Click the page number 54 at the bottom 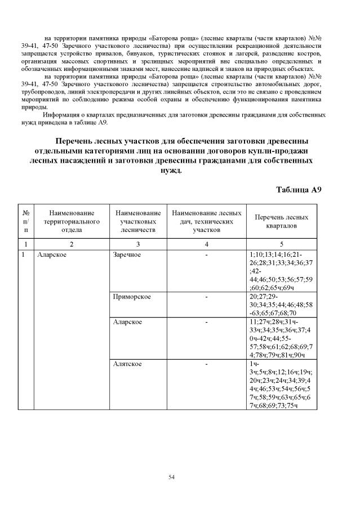coord(172,477)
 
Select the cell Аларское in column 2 coord(49,255)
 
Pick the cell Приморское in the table coord(131,296)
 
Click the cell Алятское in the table coord(127,364)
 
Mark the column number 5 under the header coord(281,244)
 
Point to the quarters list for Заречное coord(281,271)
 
